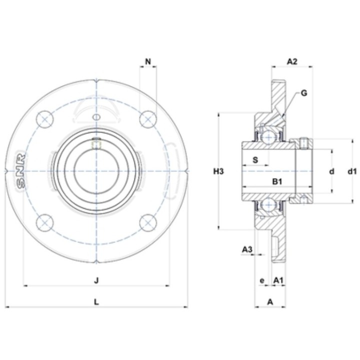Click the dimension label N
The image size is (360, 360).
pyautogui.click(x=148, y=61)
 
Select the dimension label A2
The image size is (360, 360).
pyautogui.click(x=292, y=61)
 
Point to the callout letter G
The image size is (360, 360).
pyautogui.click(x=304, y=93)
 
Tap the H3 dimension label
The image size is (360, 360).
pyautogui.click(x=218, y=171)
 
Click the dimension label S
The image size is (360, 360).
pyautogui.click(x=255, y=160)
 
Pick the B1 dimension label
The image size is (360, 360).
pyautogui.click(x=277, y=181)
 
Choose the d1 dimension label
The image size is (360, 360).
pyautogui.click(x=352, y=171)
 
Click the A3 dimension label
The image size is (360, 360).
pyautogui.click(x=247, y=249)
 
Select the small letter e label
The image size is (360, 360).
pyautogui.click(x=262, y=280)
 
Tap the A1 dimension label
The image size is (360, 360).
pyautogui.click(x=278, y=280)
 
